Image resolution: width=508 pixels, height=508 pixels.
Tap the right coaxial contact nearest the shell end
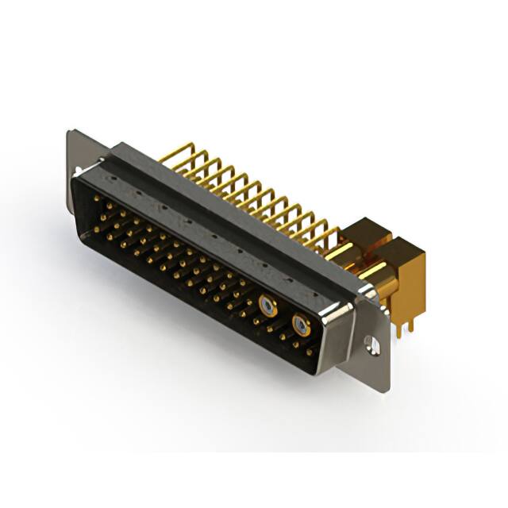(x=300, y=323)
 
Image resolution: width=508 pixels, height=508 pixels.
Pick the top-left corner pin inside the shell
(x=103, y=205)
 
